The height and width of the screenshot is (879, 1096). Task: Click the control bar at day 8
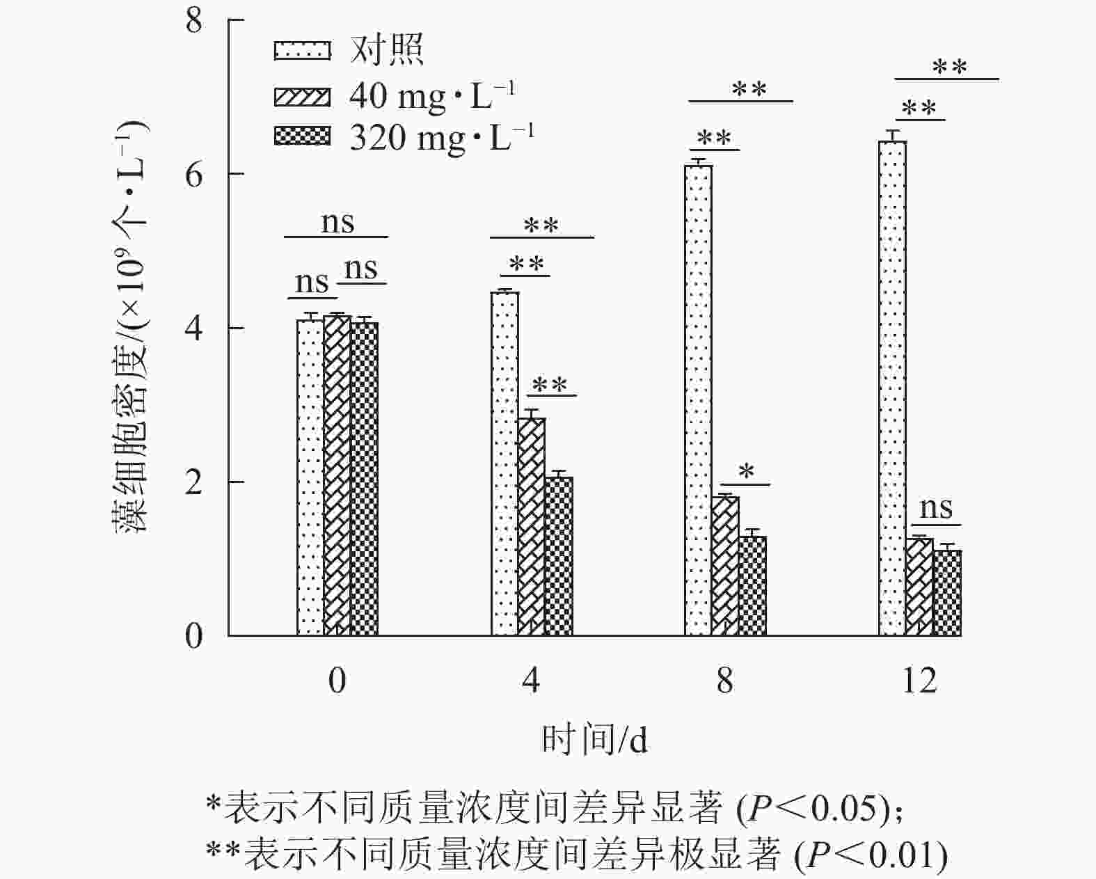pos(698,400)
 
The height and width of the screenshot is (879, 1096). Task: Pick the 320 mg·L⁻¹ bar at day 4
pos(558,556)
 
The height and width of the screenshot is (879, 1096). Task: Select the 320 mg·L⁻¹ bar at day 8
pos(752,586)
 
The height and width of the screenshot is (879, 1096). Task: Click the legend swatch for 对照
pos(302,51)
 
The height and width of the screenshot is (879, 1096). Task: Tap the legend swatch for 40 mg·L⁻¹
pos(302,95)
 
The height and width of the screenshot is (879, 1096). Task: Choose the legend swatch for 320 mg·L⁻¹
pos(302,136)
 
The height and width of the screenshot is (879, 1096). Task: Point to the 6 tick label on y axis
pos(194,174)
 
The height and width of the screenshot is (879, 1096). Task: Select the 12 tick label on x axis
pos(919,680)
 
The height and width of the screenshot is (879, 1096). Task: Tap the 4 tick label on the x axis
pos(531,680)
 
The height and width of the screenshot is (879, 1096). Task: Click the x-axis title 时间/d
pos(595,740)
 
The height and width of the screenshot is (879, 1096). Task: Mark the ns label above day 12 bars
pos(936,508)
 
